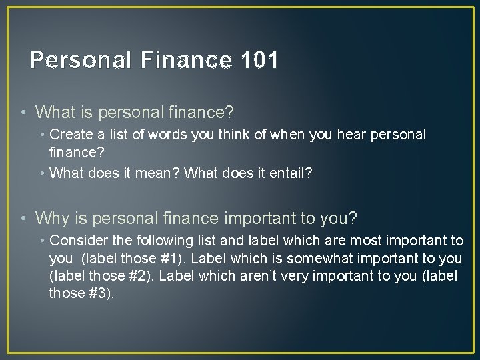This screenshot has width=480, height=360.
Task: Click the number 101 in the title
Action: pyautogui.click(x=257, y=61)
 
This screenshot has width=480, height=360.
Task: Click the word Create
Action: pyautogui.click(x=70, y=135)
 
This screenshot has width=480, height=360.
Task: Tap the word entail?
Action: pyautogui.click(x=289, y=173)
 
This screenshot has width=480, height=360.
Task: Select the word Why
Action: pyautogui.click(x=51, y=218)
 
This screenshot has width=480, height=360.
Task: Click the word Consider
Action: pyautogui.click(x=77, y=241)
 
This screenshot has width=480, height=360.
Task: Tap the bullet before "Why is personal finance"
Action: pyautogui.click(x=24, y=218)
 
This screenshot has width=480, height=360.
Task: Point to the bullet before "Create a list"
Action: pyautogui.click(x=43, y=135)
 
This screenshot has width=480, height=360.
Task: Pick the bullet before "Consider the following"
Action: pyautogui.click(x=43, y=241)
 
